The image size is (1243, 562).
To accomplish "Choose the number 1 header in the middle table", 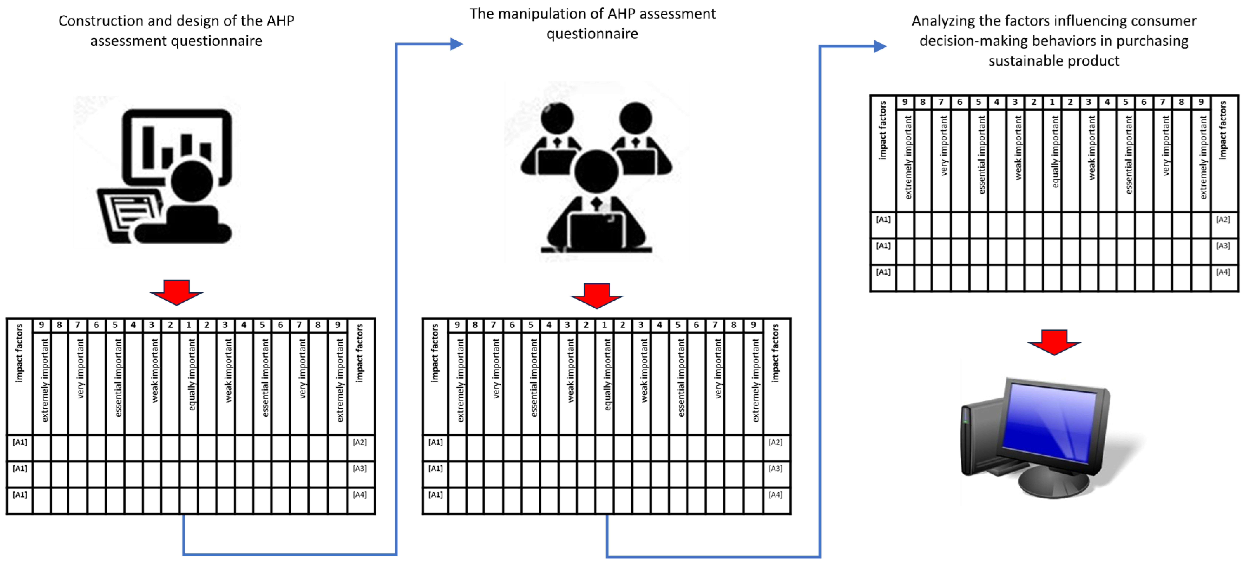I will pyautogui.click(x=604, y=325).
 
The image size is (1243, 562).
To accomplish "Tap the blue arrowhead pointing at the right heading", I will pyautogui.click(x=880, y=46).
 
